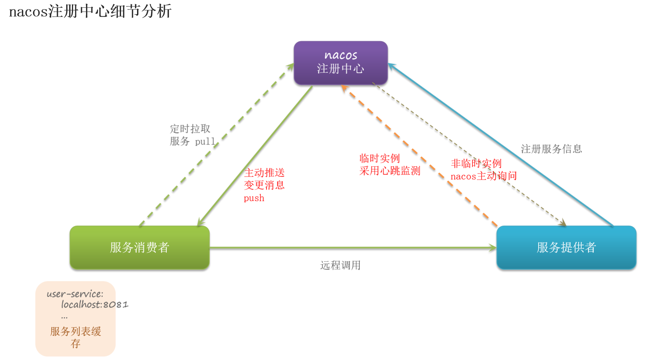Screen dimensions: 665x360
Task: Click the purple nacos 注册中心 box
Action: pos(341,63)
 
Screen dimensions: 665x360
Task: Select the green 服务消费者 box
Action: pos(140,247)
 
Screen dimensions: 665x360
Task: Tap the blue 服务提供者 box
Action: pos(566,247)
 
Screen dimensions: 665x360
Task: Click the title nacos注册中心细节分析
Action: pos(90,11)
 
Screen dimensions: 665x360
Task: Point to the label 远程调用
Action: pos(340,265)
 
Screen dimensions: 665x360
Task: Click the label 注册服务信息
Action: pos(552,149)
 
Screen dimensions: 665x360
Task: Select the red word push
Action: pos(254,198)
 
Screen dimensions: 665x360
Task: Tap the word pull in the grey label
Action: pos(205,142)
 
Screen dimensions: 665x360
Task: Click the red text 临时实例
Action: pos(380,158)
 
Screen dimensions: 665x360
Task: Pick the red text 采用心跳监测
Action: pos(390,171)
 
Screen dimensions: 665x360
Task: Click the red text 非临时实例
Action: pos(476,164)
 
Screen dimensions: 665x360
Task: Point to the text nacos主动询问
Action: pos(484,176)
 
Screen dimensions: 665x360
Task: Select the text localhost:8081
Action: pos(95,304)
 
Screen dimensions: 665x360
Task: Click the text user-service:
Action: pos(75,294)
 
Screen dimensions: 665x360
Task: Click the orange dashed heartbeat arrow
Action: pos(419,156)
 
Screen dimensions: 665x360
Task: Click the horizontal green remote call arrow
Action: pos(353,248)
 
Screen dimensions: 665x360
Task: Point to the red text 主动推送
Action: pos(265,173)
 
